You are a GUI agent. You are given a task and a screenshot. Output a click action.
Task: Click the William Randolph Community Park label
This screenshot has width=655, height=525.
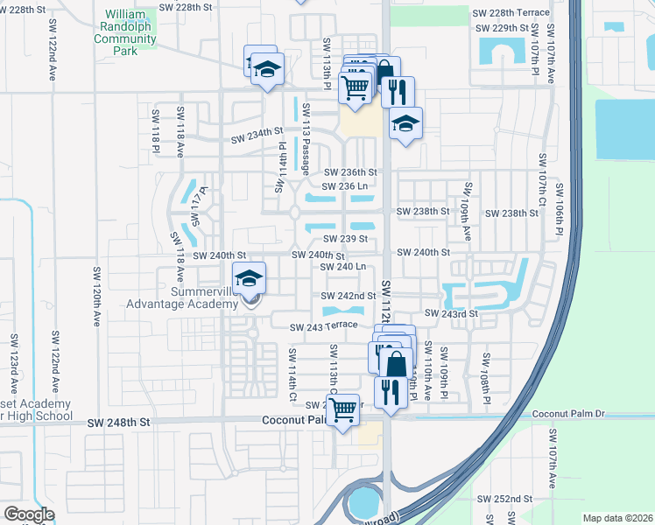click(x=125, y=32)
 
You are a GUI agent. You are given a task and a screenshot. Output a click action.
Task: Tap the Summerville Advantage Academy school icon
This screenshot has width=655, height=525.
click(x=250, y=278)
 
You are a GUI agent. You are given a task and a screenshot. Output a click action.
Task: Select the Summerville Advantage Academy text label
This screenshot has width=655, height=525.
click(x=194, y=297)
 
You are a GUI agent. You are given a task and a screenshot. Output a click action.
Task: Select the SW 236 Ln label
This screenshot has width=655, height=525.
click(x=349, y=185)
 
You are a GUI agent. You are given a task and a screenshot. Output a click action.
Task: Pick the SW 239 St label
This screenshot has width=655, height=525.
click(x=344, y=238)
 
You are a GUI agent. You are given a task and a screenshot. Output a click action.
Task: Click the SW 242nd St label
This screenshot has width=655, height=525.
click(x=348, y=297)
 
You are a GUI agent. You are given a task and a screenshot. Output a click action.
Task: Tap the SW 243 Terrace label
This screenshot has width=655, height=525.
click(x=324, y=325)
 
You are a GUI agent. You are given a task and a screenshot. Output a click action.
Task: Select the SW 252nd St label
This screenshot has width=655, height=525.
click(x=505, y=498)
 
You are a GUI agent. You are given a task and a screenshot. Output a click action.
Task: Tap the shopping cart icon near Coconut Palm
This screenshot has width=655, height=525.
click(x=344, y=407)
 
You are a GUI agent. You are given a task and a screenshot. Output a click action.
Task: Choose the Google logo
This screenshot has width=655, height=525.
click(x=29, y=514)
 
